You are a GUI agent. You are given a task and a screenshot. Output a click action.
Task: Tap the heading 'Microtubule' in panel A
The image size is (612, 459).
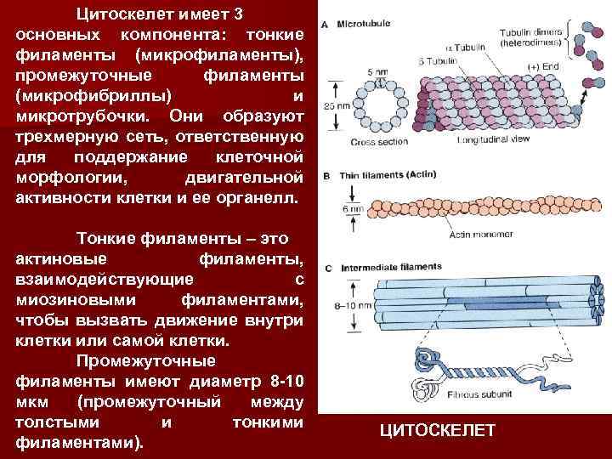click(365, 25)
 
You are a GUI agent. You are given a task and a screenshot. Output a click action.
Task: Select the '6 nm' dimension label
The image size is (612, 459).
click(335, 207)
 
